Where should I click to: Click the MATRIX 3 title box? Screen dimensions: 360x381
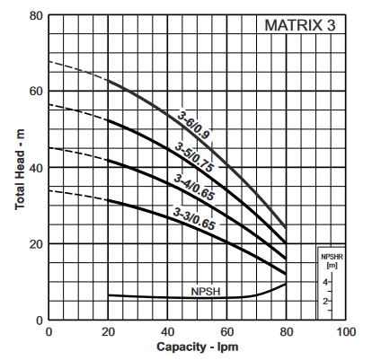tap(299, 25)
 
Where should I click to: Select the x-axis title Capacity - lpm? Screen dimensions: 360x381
tap(197, 347)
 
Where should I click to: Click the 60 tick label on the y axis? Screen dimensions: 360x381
tap(35, 92)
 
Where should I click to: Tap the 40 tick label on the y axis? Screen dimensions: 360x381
tap(35, 168)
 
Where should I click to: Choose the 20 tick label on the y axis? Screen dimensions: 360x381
tap(35, 244)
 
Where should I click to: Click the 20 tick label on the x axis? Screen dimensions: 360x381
tap(108, 331)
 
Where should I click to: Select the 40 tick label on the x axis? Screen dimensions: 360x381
tap(167, 331)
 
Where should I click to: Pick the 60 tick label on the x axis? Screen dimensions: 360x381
tap(226, 331)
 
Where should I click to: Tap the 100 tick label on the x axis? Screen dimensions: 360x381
tap(345, 331)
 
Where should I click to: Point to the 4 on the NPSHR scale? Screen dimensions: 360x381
tap(325, 282)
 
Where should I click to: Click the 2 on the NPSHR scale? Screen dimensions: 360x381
tap(325, 301)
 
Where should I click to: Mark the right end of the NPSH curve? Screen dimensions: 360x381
tap(286, 284)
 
